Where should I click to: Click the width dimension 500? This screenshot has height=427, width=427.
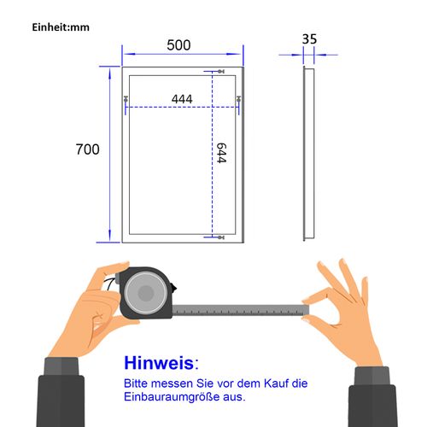pyautogui.click(x=178, y=45)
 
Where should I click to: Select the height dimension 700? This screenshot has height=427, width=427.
pyautogui.click(x=87, y=150)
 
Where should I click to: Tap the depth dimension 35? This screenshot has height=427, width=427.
pyautogui.click(x=309, y=38)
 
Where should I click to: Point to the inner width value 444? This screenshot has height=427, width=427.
pyautogui.click(x=181, y=99)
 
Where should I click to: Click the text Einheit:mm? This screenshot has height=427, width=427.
pyautogui.click(x=60, y=26)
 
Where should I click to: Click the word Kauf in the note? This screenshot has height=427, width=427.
pyautogui.click(x=261, y=383)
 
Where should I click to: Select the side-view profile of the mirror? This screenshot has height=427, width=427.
pyautogui.click(x=309, y=152)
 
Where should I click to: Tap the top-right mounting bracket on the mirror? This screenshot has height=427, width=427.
pyautogui.click(x=239, y=102)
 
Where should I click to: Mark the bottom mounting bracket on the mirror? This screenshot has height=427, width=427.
pyautogui.click(x=217, y=237)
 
